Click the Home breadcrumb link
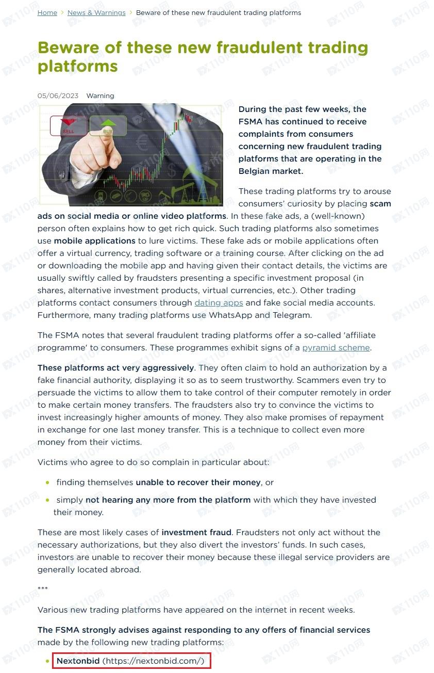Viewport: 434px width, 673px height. pyautogui.click(x=47, y=12)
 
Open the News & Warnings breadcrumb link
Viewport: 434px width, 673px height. pyautogui.click(x=96, y=12)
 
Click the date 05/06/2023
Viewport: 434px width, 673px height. pyautogui.click(x=58, y=95)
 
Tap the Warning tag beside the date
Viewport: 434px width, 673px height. pyautogui.click(x=100, y=95)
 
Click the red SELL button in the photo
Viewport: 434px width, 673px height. pyautogui.click(x=68, y=126)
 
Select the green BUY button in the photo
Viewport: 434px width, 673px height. pyautogui.click(x=108, y=125)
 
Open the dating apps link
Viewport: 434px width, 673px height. pyautogui.click(x=219, y=302)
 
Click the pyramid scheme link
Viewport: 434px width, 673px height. pyautogui.click(x=336, y=347)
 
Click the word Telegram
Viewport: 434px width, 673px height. pyautogui.click(x=292, y=315)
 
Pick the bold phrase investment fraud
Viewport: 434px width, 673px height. pyautogui.click(x=197, y=532)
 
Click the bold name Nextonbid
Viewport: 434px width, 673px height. pyautogui.click(x=78, y=661)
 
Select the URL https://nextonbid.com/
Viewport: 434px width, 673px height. pyautogui.click(x=153, y=661)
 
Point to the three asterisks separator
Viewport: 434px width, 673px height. pyautogui.click(x=43, y=589)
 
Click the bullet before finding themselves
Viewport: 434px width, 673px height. pyautogui.click(x=48, y=483)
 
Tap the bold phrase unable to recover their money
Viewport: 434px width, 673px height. pyautogui.click(x=198, y=482)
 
